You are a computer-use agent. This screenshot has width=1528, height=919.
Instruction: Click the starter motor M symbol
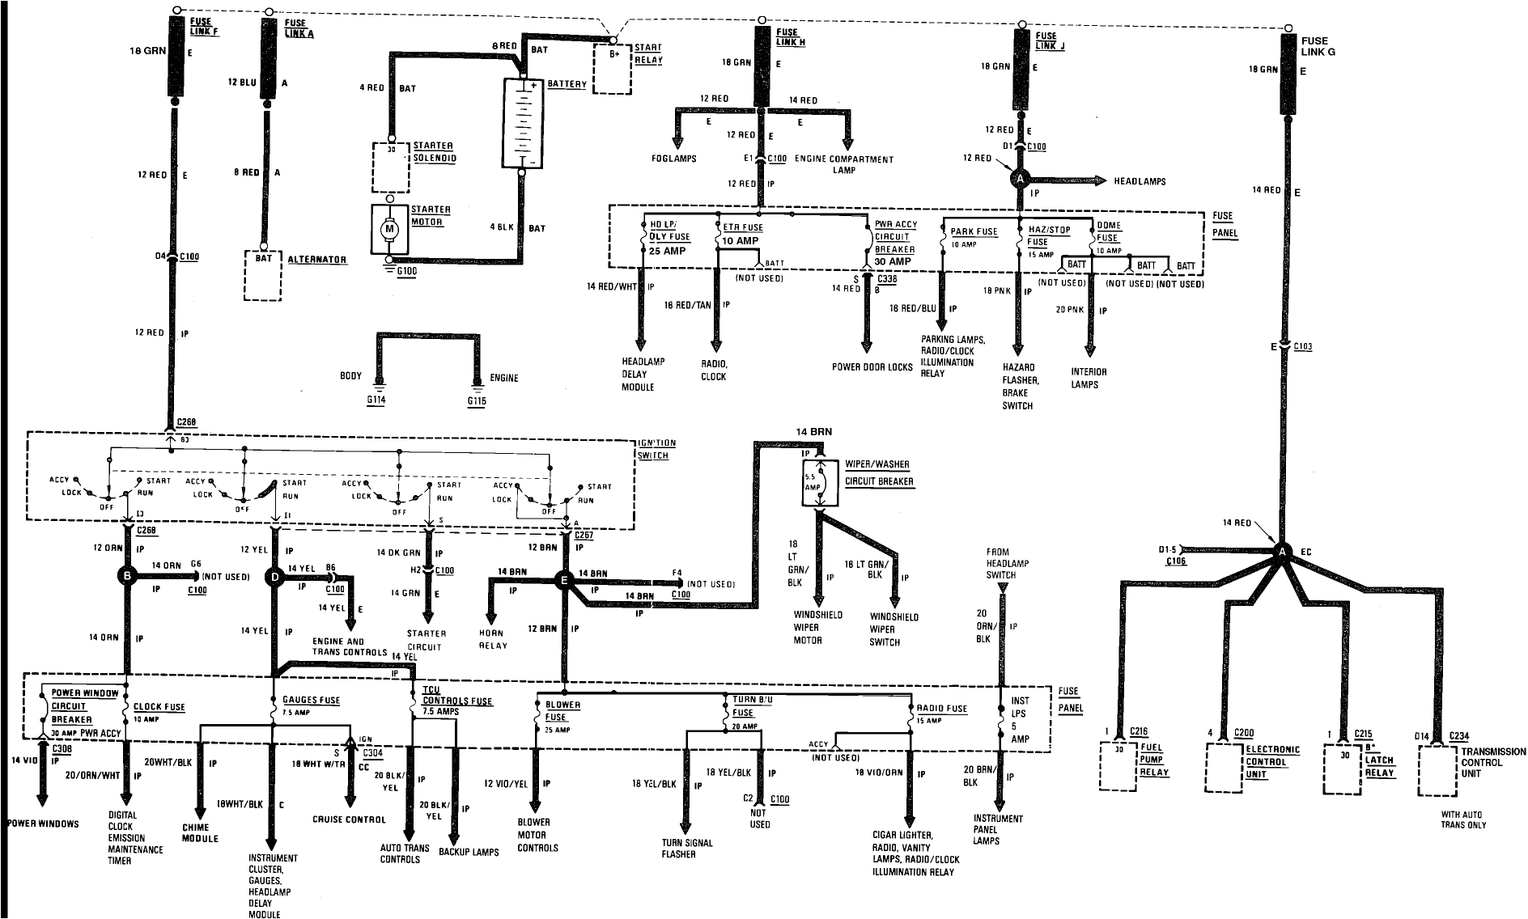coord(388,229)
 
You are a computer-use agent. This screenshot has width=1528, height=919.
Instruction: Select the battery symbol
coord(522,123)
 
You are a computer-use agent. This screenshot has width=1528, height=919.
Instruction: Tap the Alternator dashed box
coord(263,275)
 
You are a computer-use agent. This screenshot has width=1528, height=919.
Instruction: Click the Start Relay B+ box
coord(612,70)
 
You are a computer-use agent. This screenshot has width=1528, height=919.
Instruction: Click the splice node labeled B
coord(126,576)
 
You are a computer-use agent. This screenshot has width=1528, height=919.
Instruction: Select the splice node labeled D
coord(275,576)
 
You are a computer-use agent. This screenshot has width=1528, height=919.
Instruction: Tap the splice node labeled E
coord(564,579)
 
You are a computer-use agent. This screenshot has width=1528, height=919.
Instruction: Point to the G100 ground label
coord(406,273)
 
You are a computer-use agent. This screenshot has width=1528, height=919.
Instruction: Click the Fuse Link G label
coord(1315,45)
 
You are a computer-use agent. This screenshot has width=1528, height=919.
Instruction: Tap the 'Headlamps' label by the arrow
coord(1140,181)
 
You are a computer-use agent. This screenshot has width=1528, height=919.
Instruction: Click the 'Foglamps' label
coord(674,159)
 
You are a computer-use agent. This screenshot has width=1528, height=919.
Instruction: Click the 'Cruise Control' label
coord(349,819)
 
